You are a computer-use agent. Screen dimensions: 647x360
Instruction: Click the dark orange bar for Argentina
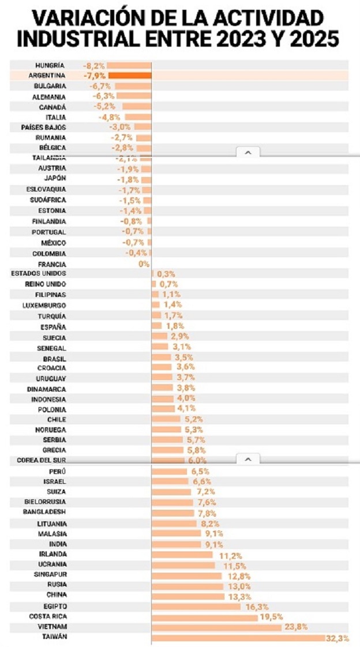(130, 76)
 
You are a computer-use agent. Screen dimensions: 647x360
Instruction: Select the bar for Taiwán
(238, 638)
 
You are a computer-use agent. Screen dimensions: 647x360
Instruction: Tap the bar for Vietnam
(216, 627)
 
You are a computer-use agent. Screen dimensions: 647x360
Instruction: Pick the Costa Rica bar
(205, 617)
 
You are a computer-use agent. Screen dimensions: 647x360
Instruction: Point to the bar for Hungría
(129, 65)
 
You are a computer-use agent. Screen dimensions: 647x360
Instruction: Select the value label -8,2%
(94, 65)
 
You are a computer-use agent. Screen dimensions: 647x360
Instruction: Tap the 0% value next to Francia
(144, 264)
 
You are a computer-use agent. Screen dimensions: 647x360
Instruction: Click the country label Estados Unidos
(39, 273)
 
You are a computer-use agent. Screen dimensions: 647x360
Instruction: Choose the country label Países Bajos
(44, 127)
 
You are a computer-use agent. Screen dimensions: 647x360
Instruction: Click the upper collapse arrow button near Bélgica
(248, 152)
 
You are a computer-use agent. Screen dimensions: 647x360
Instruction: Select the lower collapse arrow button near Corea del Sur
(248, 460)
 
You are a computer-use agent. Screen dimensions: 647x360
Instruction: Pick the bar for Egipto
(196, 607)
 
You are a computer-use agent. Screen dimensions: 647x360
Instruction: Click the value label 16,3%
(257, 607)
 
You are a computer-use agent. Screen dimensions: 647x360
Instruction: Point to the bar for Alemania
(133, 96)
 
